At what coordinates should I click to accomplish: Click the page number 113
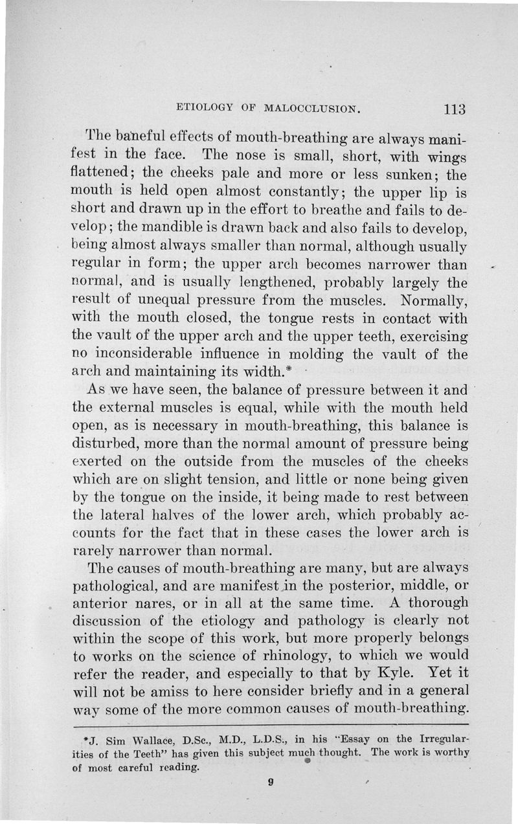(x=451, y=108)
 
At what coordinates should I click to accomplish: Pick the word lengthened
(x=272, y=284)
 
